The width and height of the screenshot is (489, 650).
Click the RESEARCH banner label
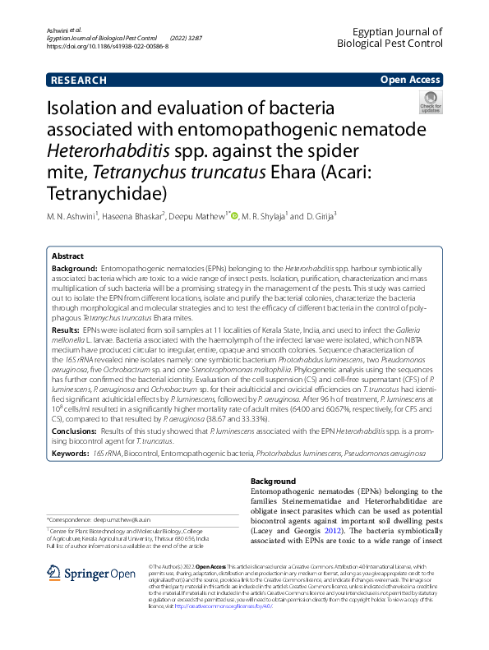coord(79,80)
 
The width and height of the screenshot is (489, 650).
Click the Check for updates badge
coord(431,103)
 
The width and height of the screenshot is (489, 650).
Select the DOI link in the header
coord(108,47)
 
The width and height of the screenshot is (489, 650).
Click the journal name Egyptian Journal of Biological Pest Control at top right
coord(396,36)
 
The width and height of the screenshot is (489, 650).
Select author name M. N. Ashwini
coord(72,216)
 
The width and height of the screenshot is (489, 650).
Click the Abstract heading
coord(68,256)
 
